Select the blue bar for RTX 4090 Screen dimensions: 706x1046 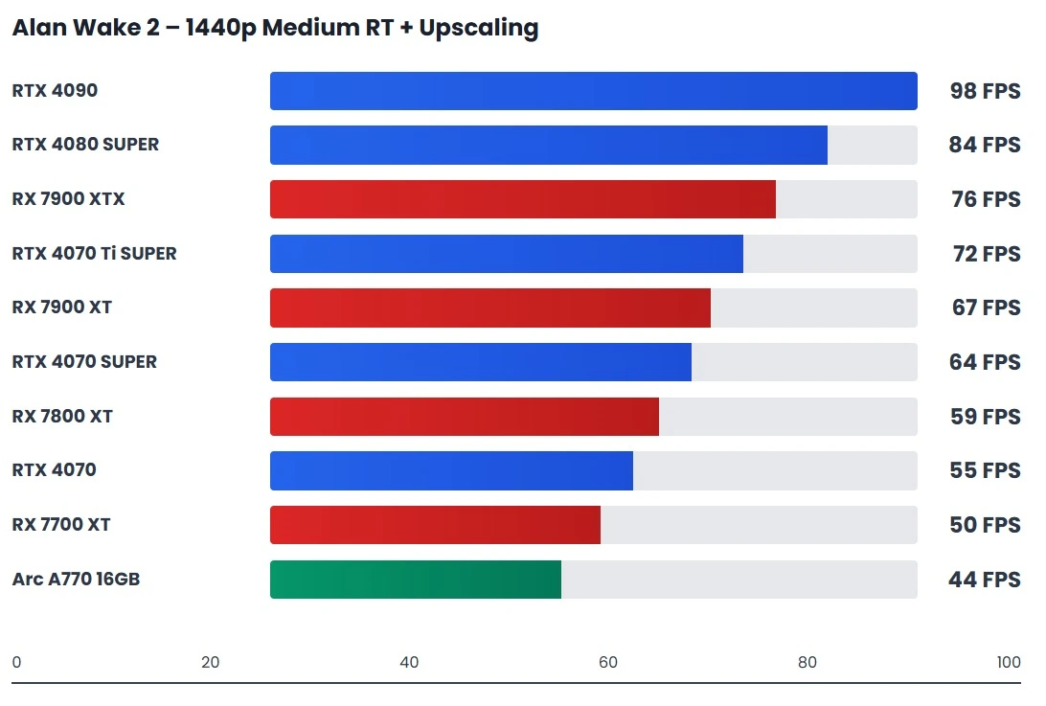point(593,91)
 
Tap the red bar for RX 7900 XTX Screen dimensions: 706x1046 point(522,199)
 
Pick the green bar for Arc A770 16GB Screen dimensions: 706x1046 point(415,580)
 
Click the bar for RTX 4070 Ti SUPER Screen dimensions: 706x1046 point(506,254)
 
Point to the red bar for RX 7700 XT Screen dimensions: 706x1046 point(435,525)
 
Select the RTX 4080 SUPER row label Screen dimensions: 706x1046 point(85,145)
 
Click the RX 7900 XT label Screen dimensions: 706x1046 point(61,307)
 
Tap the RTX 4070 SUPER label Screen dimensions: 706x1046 point(84,362)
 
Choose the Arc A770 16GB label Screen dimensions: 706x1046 point(76,580)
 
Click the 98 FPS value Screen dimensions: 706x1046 point(985,92)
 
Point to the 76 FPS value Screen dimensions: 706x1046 point(985,200)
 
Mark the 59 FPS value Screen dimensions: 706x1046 point(985,417)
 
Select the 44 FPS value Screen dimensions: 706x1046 point(985,580)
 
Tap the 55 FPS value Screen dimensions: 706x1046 point(985,470)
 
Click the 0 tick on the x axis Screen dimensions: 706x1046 point(16,662)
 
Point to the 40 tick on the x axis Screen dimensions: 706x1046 point(409,662)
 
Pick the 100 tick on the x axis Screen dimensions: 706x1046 point(1008,662)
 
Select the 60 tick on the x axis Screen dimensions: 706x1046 point(607,662)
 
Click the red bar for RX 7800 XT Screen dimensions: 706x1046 point(464,417)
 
